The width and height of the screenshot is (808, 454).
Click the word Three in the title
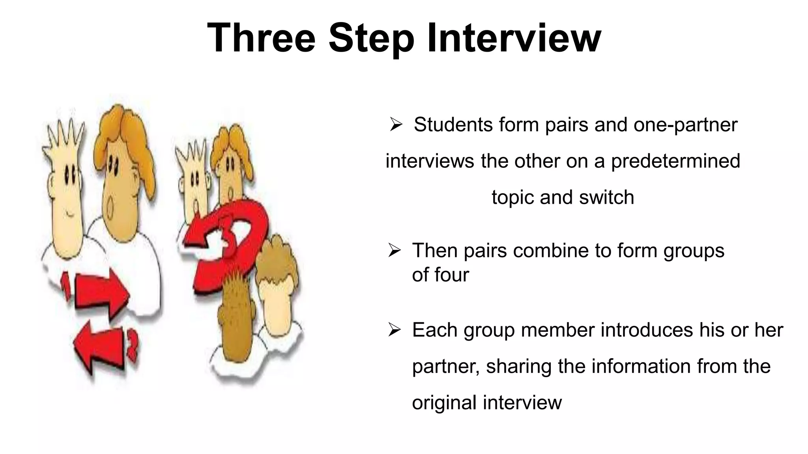[261, 38]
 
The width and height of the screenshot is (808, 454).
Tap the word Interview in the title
[514, 38]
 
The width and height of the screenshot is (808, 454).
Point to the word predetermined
[675, 161]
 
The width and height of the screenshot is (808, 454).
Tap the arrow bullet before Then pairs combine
[395, 251]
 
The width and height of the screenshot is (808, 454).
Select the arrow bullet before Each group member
[395, 330]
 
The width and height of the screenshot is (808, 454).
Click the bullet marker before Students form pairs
[396, 125]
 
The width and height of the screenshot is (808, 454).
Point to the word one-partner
[685, 125]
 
